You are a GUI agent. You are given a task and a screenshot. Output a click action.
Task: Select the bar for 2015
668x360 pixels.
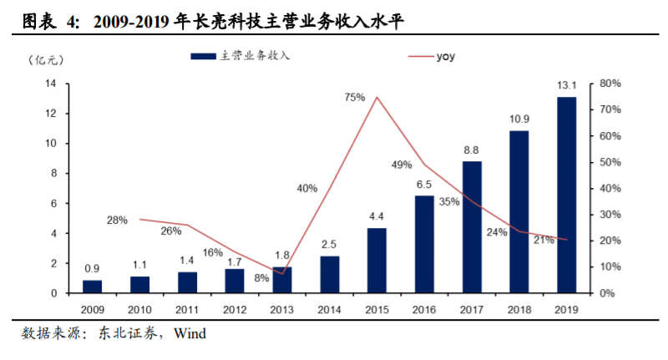[377, 260]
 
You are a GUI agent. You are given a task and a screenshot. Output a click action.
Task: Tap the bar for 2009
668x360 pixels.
[92, 286]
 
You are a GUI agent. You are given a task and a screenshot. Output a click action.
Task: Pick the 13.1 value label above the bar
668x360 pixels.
[566, 85]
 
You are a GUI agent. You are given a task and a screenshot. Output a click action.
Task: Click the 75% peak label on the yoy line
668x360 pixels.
[354, 98]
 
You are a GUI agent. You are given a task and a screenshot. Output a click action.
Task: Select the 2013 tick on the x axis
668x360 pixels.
[281, 308]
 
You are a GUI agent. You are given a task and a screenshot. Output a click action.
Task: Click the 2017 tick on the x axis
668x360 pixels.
[471, 308]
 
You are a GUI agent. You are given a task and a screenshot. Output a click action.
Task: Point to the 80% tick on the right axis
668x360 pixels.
[611, 84]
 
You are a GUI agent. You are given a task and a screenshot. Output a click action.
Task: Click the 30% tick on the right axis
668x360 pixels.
[611, 215]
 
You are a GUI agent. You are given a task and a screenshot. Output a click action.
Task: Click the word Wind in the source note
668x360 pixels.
[190, 334]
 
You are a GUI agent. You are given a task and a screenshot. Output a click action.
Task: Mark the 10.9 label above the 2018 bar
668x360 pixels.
[519, 119]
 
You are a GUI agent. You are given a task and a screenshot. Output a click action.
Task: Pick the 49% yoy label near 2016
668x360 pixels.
[402, 165]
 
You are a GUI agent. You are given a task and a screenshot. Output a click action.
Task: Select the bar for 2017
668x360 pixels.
[471, 226]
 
